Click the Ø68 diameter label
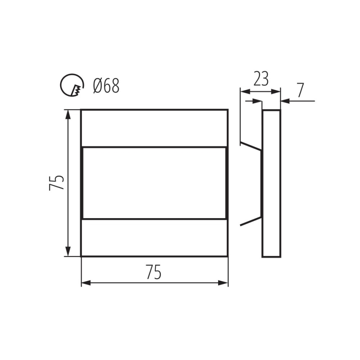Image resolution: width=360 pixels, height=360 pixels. pos(106,86)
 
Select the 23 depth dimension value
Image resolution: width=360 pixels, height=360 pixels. pos(261,79)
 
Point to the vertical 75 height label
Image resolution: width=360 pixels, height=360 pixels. pos(56,183)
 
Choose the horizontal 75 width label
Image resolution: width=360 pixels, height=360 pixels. pos(153,272)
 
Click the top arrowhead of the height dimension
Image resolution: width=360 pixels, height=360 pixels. pos(68,114)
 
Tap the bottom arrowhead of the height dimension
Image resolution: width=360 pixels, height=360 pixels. pos(68,251)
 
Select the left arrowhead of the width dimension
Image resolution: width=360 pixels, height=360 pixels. pos(86,283)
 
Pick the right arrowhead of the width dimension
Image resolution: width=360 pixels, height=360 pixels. pos(223,283)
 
